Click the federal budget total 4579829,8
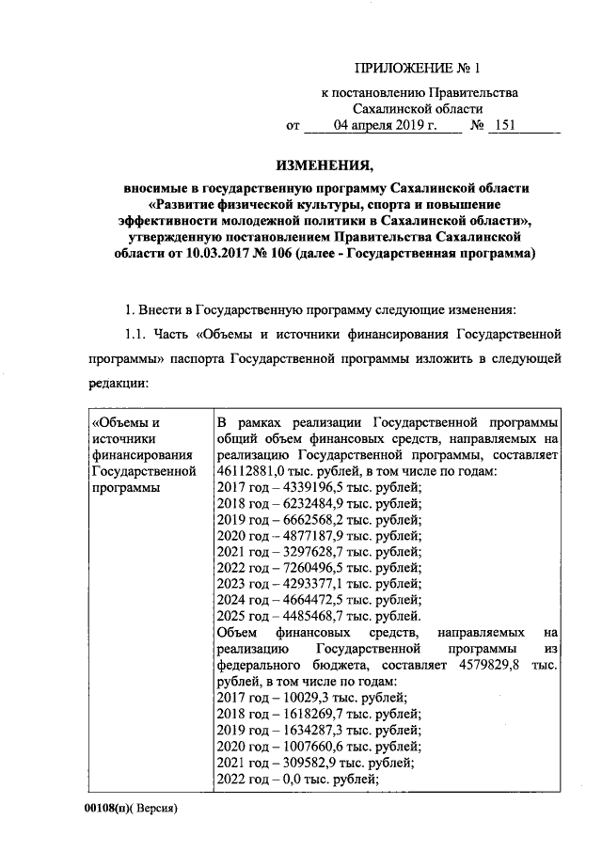500,665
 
